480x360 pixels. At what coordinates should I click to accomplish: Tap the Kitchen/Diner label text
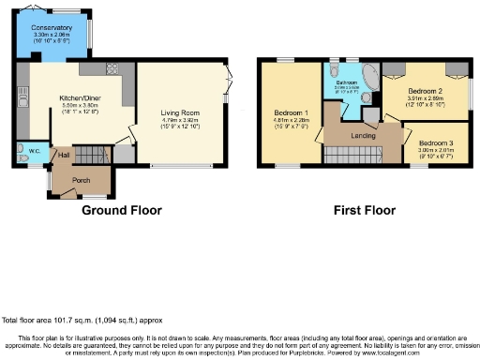click(x=82, y=97)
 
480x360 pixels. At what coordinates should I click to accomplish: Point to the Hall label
click(x=64, y=155)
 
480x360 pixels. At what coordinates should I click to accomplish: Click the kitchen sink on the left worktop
click(x=22, y=93)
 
